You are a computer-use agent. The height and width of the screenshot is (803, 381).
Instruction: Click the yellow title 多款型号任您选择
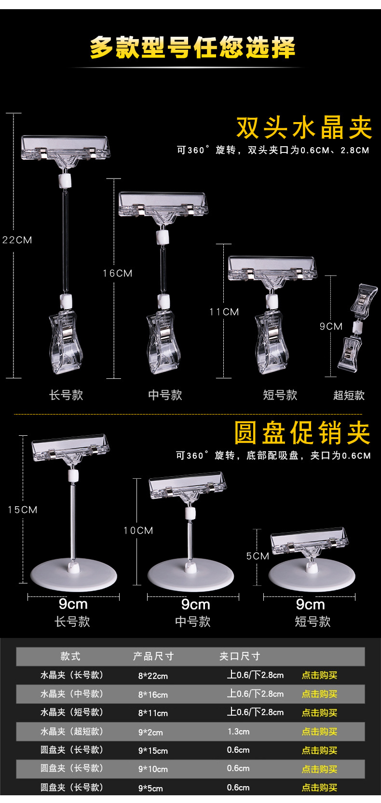(192, 48)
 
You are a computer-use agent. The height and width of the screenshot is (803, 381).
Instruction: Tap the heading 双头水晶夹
(304, 128)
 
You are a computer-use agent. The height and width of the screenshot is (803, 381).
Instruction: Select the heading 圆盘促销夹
(302, 433)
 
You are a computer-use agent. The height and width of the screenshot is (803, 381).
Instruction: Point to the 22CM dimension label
(17, 240)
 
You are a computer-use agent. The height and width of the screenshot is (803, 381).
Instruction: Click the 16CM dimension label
(117, 273)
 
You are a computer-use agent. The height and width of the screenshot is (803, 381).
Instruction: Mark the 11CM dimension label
(224, 312)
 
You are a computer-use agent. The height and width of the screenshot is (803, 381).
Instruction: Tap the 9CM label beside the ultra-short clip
(331, 327)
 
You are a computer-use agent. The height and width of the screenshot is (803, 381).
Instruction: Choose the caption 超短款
(349, 396)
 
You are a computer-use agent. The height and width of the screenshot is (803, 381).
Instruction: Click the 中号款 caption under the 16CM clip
(165, 395)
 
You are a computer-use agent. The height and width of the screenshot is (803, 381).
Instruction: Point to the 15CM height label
(23, 510)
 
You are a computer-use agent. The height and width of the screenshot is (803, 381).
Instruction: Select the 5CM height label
(258, 556)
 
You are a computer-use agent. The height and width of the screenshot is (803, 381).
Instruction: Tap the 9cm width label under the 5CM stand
(310, 604)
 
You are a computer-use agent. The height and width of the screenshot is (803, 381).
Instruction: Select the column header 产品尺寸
(153, 656)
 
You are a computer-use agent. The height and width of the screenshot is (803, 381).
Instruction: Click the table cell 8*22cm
(153, 676)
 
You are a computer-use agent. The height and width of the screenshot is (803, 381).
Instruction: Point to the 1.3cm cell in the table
(238, 732)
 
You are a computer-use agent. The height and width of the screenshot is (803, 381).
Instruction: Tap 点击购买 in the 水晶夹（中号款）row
(319, 694)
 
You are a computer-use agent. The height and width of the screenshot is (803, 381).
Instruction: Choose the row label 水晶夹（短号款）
(72, 712)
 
